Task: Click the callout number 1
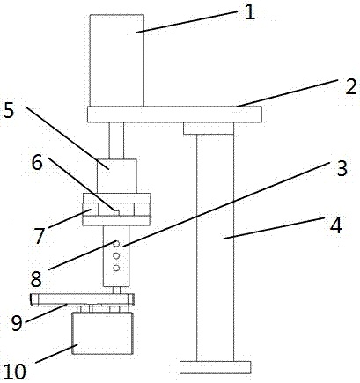250,13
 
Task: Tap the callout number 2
350,87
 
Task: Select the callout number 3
342,168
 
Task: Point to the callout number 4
336,226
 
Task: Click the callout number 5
9,111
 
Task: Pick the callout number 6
37,163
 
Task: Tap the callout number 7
40,236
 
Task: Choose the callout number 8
36,279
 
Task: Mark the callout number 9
17,323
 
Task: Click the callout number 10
15,372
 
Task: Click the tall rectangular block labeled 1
117,60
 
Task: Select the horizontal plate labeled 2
174,114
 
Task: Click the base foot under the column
215,367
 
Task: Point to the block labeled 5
117,176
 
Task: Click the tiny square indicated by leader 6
116,213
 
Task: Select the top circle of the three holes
116,243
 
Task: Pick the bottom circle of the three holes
116,268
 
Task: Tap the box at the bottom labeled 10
102,334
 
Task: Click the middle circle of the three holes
116,255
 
